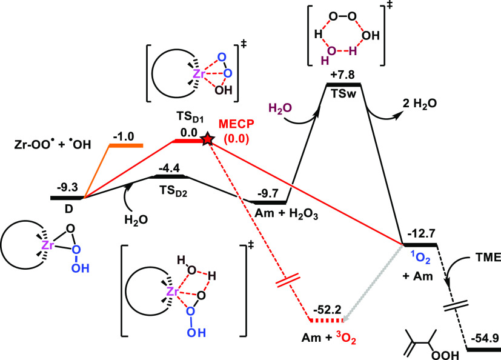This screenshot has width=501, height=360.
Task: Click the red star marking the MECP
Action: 208,140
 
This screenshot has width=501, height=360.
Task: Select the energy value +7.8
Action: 342,74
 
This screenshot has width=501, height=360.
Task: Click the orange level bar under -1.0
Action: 125,145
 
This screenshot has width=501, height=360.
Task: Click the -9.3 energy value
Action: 66,188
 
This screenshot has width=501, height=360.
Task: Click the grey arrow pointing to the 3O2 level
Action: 373,282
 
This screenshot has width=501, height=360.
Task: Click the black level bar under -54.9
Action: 482,349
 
